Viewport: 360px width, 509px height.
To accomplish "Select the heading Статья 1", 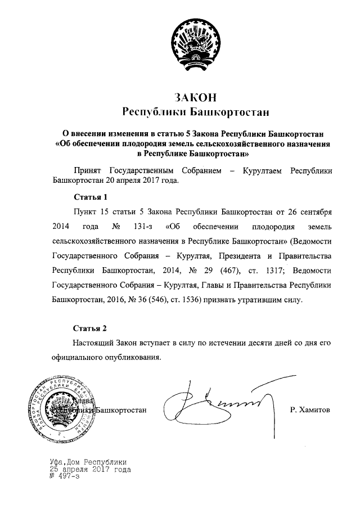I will (90, 197).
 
